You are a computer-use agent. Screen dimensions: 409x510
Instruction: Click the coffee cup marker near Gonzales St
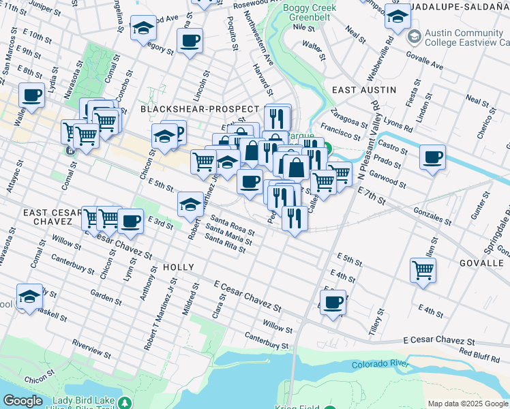[432, 158]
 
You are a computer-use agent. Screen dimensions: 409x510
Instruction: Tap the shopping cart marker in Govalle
[423, 271]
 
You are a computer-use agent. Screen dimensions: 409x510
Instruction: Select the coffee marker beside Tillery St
[333, 302]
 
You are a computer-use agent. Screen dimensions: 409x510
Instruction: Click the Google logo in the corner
[22, 401]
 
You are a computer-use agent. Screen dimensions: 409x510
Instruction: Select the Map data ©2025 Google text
[467, 404]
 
